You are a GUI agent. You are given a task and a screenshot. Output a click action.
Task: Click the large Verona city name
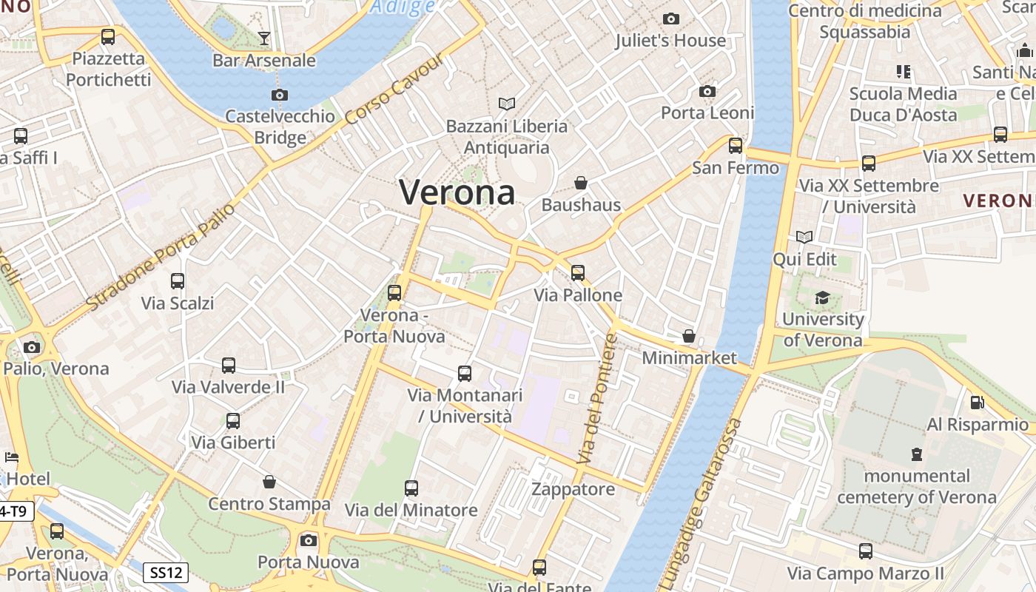[457, 192]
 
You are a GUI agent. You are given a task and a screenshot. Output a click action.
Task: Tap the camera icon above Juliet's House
[671, 18]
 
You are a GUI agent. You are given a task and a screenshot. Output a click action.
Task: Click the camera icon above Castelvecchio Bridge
[280, 95]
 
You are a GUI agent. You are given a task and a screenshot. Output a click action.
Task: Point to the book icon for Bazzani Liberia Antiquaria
[507, 104]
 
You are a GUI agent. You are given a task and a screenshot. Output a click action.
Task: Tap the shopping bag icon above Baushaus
[581, 182]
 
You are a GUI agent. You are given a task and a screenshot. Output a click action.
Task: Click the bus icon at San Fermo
[736, 146]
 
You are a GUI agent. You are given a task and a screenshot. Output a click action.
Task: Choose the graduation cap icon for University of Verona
[822, 297]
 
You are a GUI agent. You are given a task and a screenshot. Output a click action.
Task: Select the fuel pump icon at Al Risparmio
[978, 403]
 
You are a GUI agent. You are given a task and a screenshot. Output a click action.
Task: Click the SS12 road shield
[165, 572]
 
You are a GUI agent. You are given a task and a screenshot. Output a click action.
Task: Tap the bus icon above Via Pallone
[578, 273]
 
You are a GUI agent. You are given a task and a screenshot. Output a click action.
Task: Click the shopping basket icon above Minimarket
[689, 336]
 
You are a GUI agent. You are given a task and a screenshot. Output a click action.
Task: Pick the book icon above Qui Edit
[804, 237]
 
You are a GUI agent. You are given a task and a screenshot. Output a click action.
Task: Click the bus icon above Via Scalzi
[178, 281]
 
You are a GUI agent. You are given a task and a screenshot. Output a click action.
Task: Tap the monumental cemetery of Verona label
[917, 486]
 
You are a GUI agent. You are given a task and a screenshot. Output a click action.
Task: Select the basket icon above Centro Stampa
[269, 482]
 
